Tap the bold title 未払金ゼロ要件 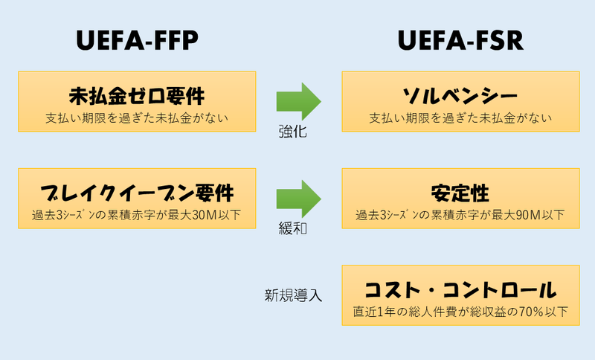click(137, 97)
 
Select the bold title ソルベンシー click(460, 97)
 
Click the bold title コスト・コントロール click(460, 289)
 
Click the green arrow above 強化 click(298, 101)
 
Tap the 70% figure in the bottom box click(531, 312)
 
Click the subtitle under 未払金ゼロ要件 click(137, 118)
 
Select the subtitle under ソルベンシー click(460, 118)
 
